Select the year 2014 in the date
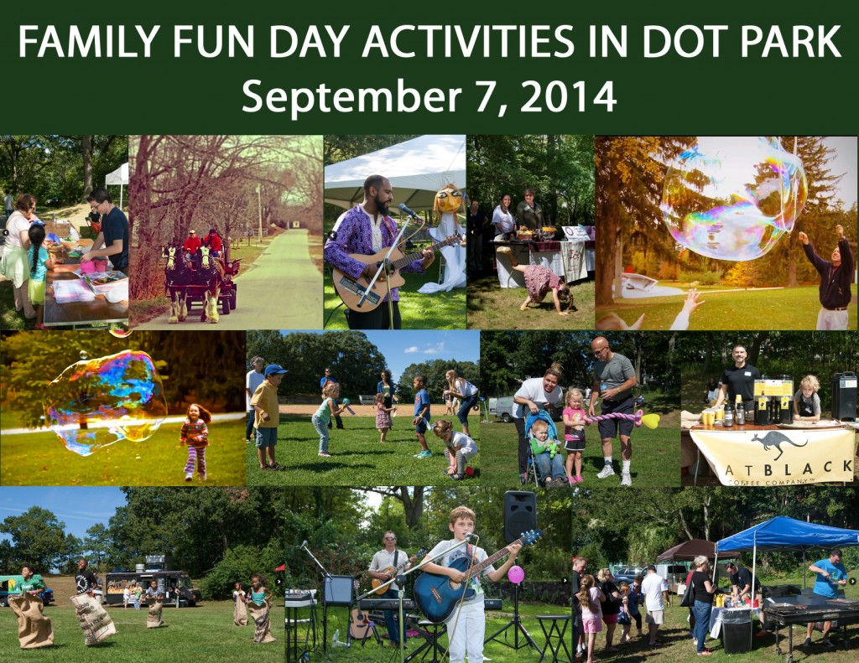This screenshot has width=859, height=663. [x=569, y=96]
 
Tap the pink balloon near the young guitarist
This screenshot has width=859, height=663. [x=515, y=575]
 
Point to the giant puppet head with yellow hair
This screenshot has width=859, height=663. [x=448, y=201]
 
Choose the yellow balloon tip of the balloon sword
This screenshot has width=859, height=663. [x=651, y=419]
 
